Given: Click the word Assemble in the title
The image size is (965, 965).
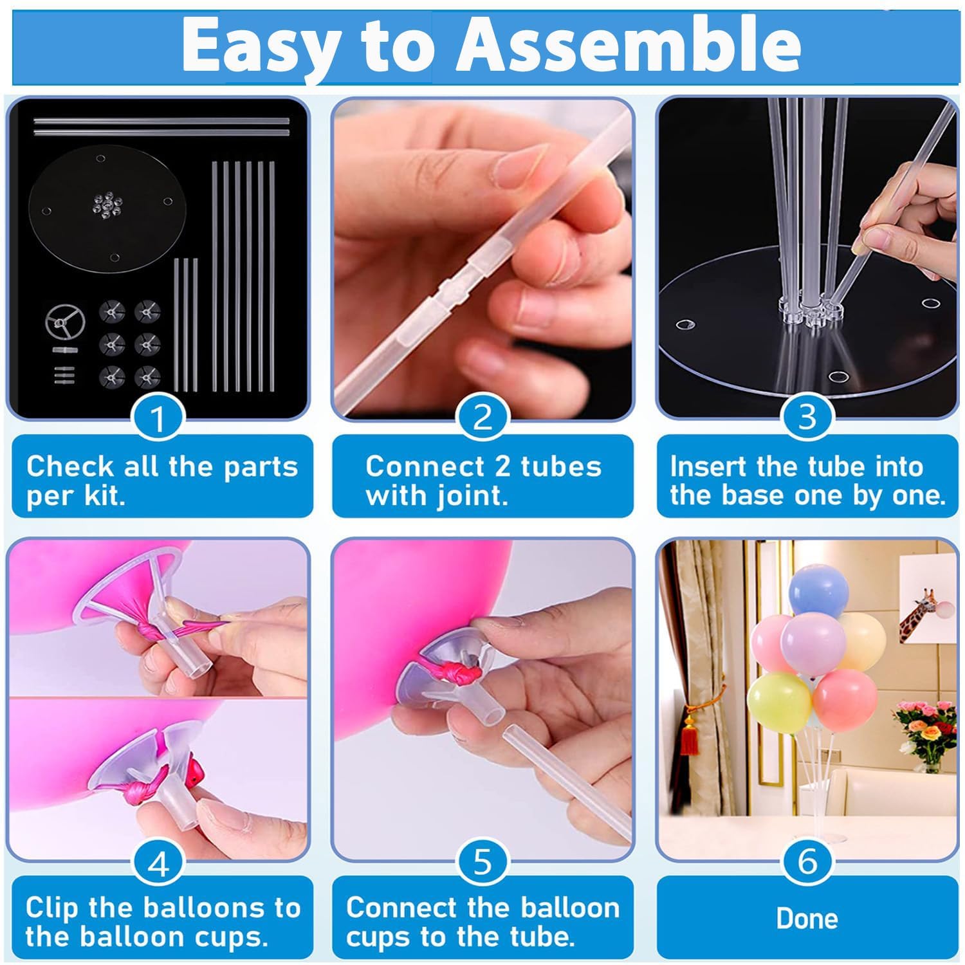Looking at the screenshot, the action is (628, 45).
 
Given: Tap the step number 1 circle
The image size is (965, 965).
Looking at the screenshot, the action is (158, 418).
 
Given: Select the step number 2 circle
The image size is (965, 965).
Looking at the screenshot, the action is (482, 418).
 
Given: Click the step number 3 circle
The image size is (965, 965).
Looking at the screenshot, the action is (807, 418).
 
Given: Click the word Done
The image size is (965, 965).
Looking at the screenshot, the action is (807, 919).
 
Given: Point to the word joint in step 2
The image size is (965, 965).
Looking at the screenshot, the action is (472, 497).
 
